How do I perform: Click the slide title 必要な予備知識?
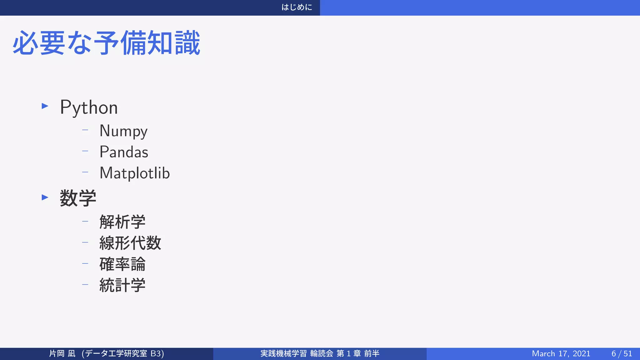(x=106, y=43)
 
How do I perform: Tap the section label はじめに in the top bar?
(x=297, y=7)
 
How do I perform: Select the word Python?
(x=89, y=107)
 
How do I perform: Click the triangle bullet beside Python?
(x=45, y=106)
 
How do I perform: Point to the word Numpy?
(x=123, y=131)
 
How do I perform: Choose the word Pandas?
(x=124, y=152)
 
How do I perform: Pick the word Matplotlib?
(x=135, y=173)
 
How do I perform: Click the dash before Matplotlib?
(x=85, y=172)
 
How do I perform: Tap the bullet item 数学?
(x=78, y=198)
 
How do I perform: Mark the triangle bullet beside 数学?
(x=45, y=197)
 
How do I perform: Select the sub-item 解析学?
(x=122, y=222)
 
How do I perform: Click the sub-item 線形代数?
(x=130, y=243)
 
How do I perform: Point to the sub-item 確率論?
(x=122, y=264)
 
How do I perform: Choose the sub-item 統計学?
(x=122, y=285)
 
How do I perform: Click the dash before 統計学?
(x=85, y=285)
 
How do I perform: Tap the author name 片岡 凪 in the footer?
(x=62, y=353)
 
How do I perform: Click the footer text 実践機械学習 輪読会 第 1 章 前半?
(x=320, y=353)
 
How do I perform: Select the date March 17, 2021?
(x=561, y=353)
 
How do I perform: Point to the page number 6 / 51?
(x=622, y=353)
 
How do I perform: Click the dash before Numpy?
(x=85, y=130)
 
